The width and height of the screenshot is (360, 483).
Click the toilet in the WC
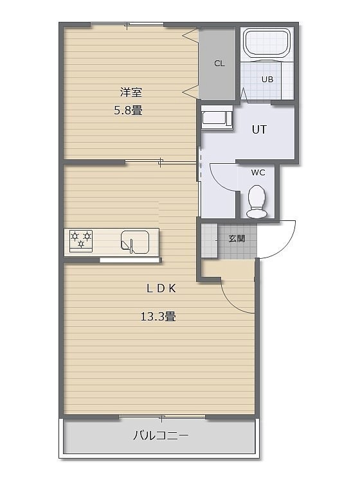point(256,201)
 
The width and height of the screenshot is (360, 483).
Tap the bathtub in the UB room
point(267,42)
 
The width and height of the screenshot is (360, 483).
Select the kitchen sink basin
point(135,241)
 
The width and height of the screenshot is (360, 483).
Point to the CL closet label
point(219,64)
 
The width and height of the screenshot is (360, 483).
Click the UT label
point(259,130)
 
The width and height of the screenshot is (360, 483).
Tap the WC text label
point(258,173)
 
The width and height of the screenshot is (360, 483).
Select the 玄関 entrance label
point(237,238)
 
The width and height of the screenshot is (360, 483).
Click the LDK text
point(161,288)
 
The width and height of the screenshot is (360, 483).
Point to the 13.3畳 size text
point(158,317)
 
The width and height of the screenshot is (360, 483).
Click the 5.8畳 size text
point(128,110)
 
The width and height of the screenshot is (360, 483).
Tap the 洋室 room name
point(131,92)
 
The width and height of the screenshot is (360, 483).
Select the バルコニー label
point(161,435)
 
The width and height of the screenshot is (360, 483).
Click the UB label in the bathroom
point(267,80)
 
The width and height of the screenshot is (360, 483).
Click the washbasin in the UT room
point(217,118)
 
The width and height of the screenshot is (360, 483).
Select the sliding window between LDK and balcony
point(162,417)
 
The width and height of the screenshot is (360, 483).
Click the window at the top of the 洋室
point(127,24)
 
